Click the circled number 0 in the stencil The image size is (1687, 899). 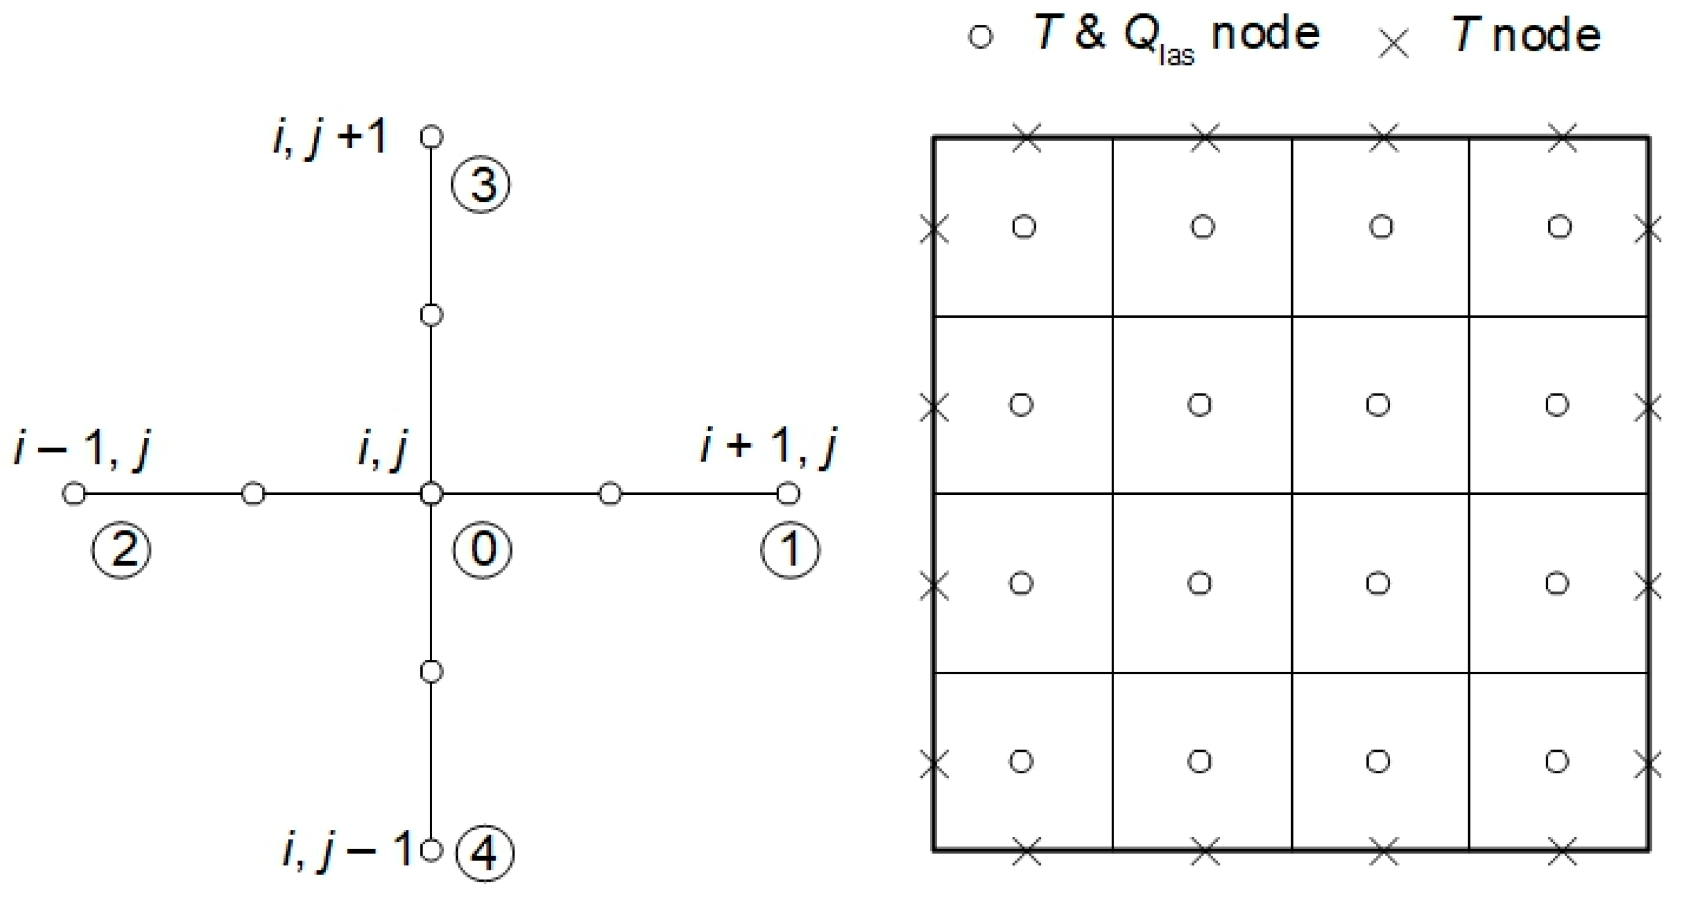click(x=483, y=548)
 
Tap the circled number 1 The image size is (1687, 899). click(x=790, y=548)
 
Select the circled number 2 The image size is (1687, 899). click(x=122, y=548)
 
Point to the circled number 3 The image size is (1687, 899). click(x=481, y=185)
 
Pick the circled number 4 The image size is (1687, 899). click(x=485, y=852)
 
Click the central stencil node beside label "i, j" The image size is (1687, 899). click(x=431, y=494)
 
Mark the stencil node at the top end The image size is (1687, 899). click(x=431, y=137)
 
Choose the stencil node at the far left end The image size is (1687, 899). click(x=74, y=494)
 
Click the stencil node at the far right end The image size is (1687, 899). click(x=788, y=494)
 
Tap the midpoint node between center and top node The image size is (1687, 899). click(x=431, y=315)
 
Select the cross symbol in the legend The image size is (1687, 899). click(x=1394, y=43)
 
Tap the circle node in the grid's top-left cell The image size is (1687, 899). click(x=1024, y=227)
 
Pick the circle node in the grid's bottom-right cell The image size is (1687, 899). click(x=1556, y=761)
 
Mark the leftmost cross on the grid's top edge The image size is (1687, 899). click(x=1027, y=138)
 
